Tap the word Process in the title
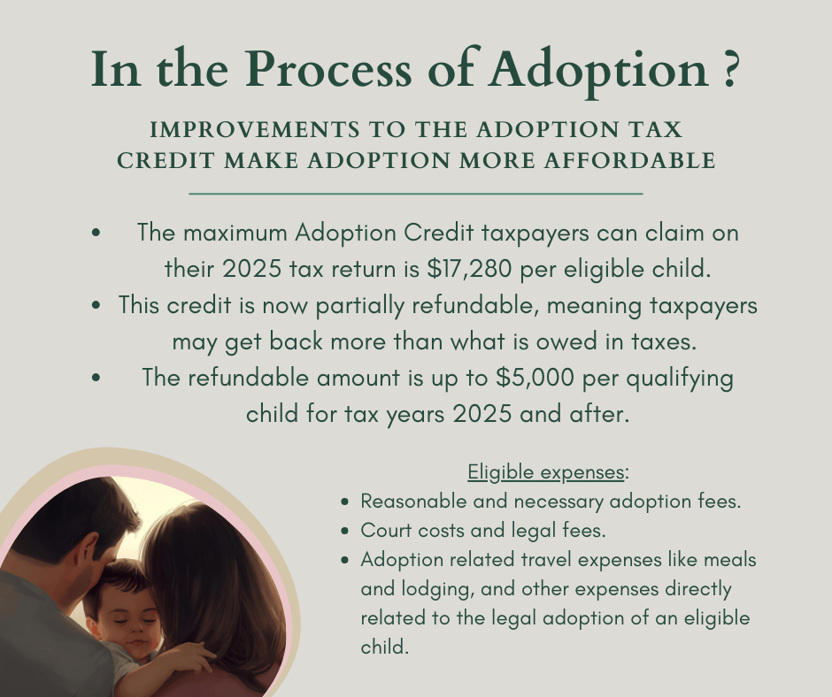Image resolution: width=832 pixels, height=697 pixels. (327, 68)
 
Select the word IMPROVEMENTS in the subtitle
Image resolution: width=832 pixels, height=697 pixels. (255, 130)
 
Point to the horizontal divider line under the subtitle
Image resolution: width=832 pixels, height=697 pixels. (416, 194)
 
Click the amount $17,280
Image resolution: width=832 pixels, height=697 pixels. (469, 268)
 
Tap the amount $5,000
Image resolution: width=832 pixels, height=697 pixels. (535, 378)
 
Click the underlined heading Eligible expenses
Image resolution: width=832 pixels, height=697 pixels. (545, 471)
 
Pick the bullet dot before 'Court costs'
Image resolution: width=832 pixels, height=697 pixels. (345, 531)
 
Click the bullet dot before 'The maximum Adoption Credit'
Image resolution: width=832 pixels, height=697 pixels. (96, 233)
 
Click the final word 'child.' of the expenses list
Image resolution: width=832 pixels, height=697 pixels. (385, 647)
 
